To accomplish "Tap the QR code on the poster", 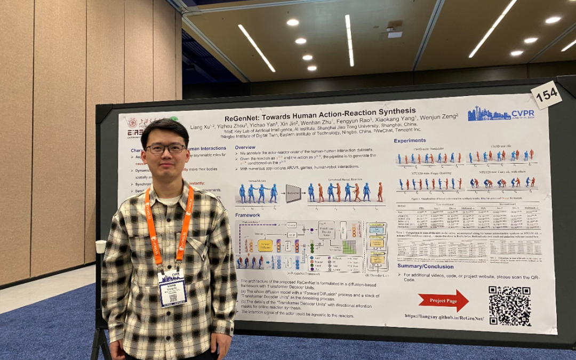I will (x=509, y=306).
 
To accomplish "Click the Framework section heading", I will (x=248, y=214).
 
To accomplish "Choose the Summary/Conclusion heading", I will (x=426, y=266).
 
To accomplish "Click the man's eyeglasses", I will (x=165, y=149).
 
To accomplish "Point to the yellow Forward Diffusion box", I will (x=265, y=245).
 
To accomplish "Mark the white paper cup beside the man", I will (x=101, y=246).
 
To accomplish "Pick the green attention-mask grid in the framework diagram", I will (x=349, y=247).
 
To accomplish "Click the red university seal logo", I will (x=132, y=123).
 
